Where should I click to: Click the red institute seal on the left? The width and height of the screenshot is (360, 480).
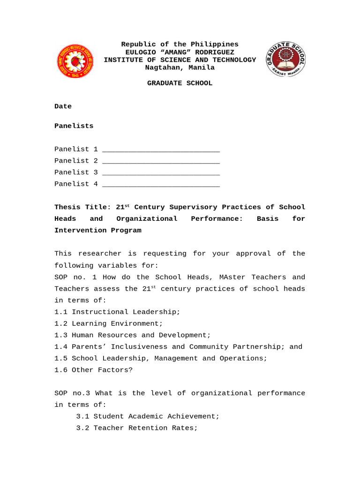pyautogui.click(x=75, y=61)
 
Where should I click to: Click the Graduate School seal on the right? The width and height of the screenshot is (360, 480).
pyautogui.click(x=285, y=59)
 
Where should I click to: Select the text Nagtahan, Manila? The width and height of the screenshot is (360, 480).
pyautogui.click(x=180, y=67)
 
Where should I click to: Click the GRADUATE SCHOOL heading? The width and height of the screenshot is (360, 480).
pyautogui.click(x=180, y=83)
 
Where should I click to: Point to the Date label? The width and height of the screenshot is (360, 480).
pyautogui.click(x=63, y=106)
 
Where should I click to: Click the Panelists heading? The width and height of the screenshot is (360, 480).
pyautogui.click(x=74, y=126)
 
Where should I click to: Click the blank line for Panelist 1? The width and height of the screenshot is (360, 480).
pyautogui.click(x=161, y=150)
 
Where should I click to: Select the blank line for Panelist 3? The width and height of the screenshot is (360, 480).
pyautogui.click(x=161, y=173)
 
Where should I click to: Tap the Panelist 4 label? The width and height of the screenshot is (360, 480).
pyautogui.click(x=76, y=184)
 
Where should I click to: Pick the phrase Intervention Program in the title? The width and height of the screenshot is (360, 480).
pyautogui.click(x=97, y=231)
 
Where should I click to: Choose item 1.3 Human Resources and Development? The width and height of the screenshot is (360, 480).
pyautogui.click(x=133, y=336)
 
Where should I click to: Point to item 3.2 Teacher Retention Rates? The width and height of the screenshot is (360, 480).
pyautogui.click(x=137, y=428)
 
